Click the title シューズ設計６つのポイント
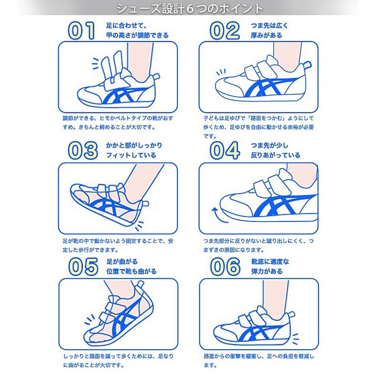coord(190,9)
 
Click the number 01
coord(81,30)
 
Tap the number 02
coord(225,30)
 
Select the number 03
coord(83,150)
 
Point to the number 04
coord(225,150)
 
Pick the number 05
coord(83,267)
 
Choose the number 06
coord(225,267)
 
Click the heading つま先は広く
coord(269,26)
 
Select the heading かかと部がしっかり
coord(134,145)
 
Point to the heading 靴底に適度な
coord(270,261)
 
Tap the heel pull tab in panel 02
coord(307,64)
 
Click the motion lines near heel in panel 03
coord(139,226)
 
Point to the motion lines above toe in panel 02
coord(221,72)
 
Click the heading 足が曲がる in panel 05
coord(122,261)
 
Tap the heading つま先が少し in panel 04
coord(269,145)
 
